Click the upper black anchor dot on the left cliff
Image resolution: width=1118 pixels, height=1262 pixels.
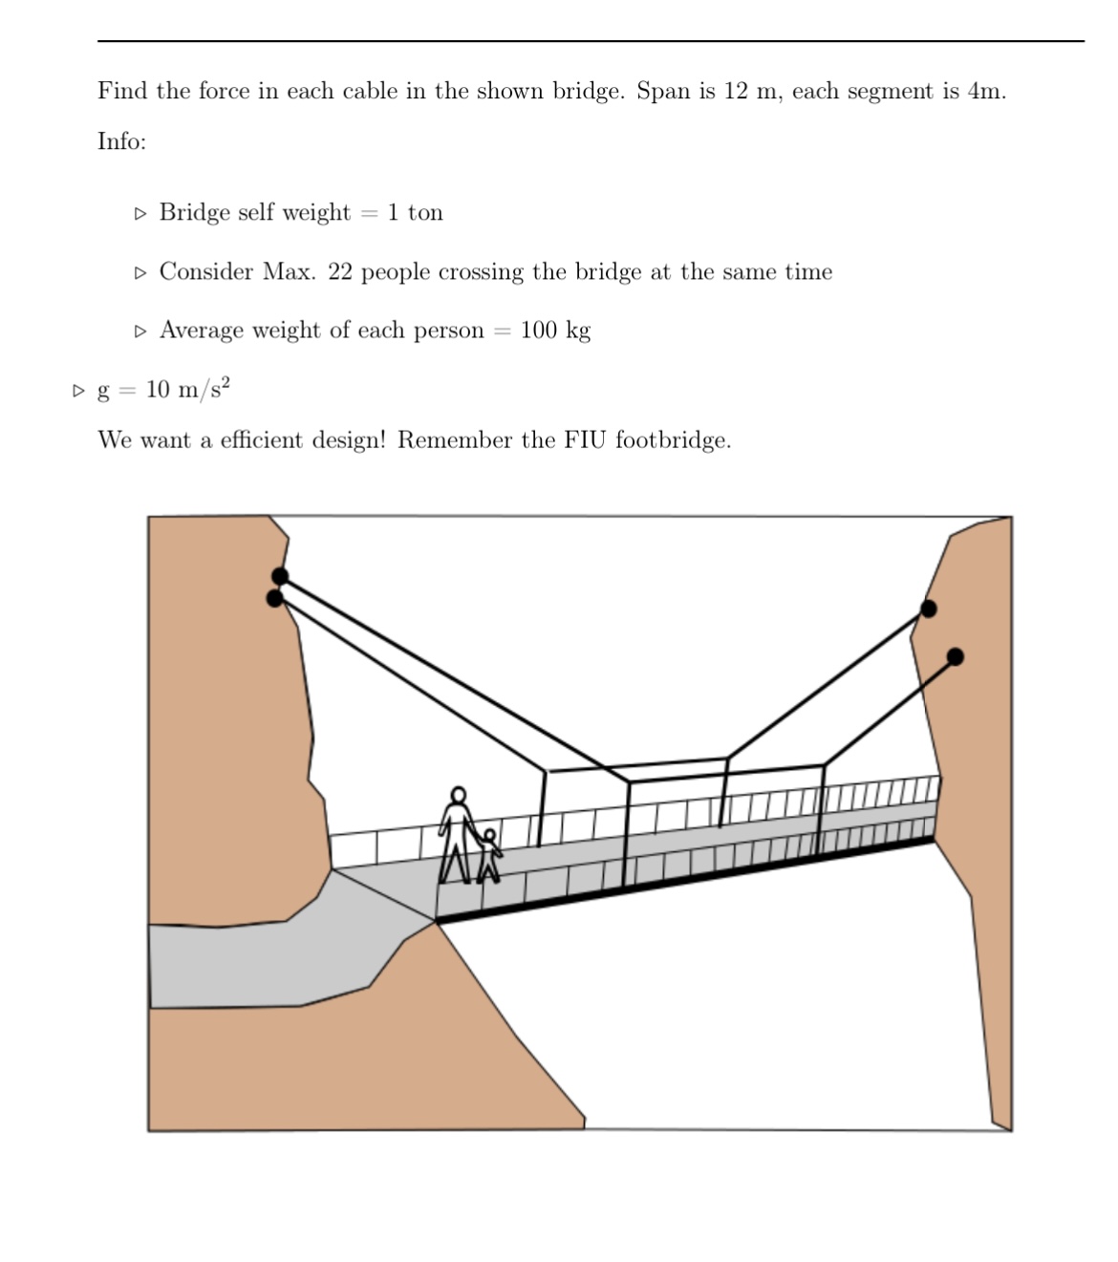click(280, 576)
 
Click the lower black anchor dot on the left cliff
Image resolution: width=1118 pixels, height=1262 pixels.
click(275, 599)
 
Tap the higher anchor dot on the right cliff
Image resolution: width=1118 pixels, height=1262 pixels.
click(928, 610)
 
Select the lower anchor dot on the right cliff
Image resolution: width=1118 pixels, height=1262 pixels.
click(955, 656)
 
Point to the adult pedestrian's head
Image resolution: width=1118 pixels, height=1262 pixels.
click(459, 795)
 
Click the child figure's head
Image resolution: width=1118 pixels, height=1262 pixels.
click(489, 836)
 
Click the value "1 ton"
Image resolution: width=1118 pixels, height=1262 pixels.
click(415, 212)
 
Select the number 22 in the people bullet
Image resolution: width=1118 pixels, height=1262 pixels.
click(340, 272)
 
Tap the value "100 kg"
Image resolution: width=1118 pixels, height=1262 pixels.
click(555, 331)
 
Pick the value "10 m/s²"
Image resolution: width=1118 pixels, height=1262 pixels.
click(188, 389)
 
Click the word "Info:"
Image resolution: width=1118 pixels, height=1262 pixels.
click(121, 141)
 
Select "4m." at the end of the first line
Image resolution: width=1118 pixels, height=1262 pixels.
click(986, 92)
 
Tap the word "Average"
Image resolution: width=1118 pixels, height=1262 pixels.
click(202, 331)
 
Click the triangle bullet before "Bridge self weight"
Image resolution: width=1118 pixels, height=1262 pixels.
click(141, 213)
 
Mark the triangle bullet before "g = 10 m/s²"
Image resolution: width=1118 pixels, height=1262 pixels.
click(79, 390)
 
